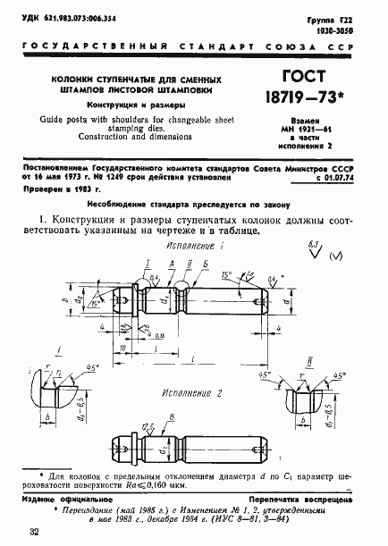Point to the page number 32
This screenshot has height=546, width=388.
(x=34, y=533)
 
